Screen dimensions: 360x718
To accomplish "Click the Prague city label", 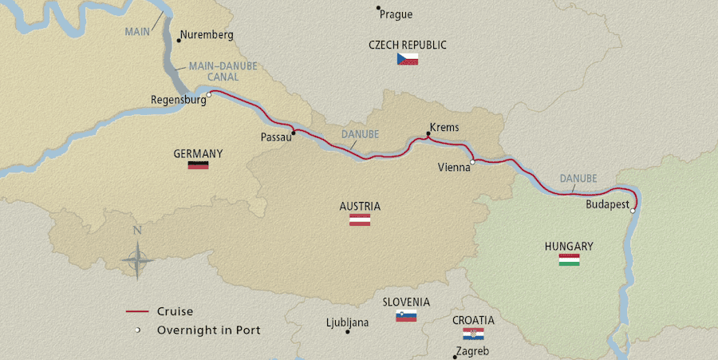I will coord(396,14).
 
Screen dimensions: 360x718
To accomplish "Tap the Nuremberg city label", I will coord(207,35).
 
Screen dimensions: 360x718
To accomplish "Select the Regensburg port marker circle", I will coord(208,95).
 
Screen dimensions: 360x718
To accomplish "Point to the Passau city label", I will coord(274,136).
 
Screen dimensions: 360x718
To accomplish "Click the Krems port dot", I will coord(428,135).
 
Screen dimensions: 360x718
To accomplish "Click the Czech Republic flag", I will coord(408,59).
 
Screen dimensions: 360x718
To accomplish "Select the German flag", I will coord(198,166).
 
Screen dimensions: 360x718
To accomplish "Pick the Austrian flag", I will coord(360,220).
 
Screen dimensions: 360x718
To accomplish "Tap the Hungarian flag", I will coord(569,260).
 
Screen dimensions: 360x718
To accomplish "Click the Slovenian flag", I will coord(406,316).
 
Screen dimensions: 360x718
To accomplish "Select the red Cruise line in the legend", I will coord(138,311).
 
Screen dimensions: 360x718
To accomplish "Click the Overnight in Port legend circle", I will coord(138,330).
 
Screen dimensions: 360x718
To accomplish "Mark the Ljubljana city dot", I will coord(348,331).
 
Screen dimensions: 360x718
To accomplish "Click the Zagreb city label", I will coord(472,351).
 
